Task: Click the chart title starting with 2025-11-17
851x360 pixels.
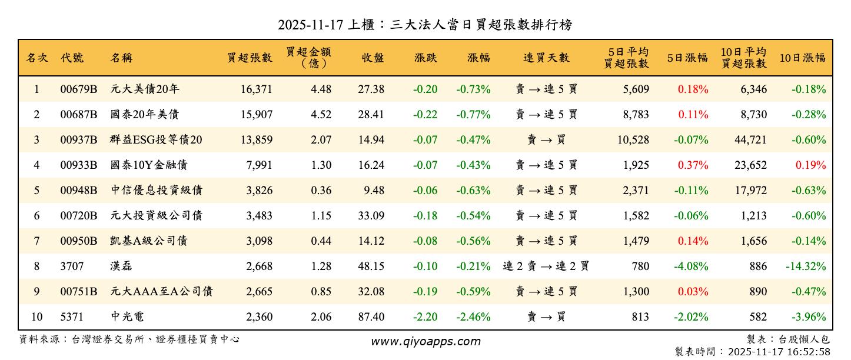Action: (x=425, y=25)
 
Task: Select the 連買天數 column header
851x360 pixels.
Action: (x=546, y=58)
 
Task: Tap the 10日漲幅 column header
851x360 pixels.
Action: (x=802, y=58)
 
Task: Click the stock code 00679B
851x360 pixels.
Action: (x=78, y=89)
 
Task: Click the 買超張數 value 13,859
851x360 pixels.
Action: (x=256, y=140)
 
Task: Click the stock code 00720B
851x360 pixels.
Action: (x=78, y=216)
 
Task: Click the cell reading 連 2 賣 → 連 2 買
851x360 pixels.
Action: (x=546, y=266)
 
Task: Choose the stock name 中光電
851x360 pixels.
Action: (x=127, y=317)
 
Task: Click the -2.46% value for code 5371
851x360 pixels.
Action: (x=473, y=317)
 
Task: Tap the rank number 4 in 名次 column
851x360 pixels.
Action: (x=36, y=165)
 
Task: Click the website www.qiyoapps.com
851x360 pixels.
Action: (x=425, y=341)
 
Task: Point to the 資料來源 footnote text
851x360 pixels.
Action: (x=129, y=339)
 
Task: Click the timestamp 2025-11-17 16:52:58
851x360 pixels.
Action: (x=779, y=352)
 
